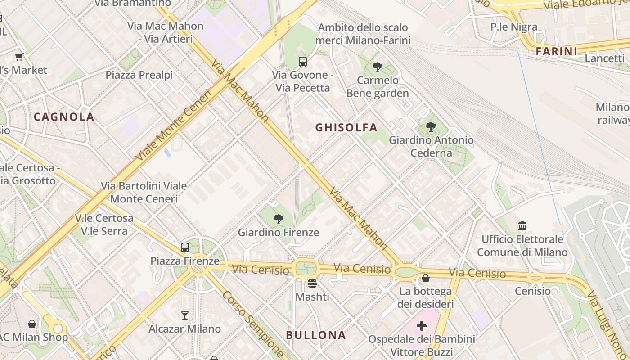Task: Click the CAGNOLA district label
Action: (64, 117)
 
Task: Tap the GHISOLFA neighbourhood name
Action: (346, 128)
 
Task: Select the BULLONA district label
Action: (316, 335)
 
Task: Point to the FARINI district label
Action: (557, 52)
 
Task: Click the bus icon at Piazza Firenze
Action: (184, 247)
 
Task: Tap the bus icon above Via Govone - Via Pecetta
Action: (303, 62)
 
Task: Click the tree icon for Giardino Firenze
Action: (279, 219)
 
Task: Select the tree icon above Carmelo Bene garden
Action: (378, 67)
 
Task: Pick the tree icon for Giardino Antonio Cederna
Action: (431, 127)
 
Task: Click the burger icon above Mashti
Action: (312, 283)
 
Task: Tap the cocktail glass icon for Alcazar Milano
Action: (184, 315)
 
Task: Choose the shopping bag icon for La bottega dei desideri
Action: (425, 278)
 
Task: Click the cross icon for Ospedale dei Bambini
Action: (422, 325)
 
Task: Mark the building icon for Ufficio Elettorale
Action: (522, 225)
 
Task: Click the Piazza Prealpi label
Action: (139, 75)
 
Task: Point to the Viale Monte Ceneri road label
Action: (173, 126)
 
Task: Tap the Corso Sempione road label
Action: (253, 323)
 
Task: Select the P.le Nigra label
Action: (513, 27)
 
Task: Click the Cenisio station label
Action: (533, 291)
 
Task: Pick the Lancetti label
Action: (605, 58)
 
